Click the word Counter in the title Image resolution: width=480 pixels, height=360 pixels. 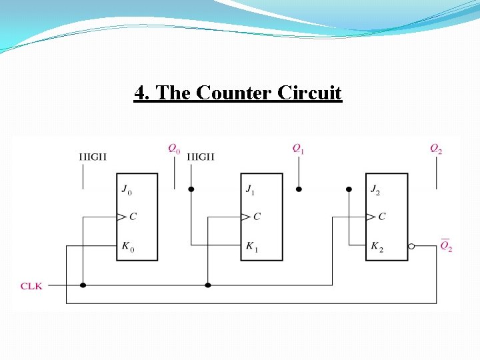pos(232,93)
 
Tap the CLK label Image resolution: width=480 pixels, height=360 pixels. pos(31,285)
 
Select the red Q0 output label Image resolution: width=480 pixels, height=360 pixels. pos(173,149)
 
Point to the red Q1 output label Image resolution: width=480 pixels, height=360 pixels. pos(298,149)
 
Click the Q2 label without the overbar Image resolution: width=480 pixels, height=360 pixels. pos(435,149)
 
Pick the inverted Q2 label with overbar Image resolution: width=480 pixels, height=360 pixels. pos(446,246)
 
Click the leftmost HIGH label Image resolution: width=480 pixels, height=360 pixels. pos(93,157)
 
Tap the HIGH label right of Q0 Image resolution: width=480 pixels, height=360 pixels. pos(201,157)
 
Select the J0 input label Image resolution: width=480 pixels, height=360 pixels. pos(127,190)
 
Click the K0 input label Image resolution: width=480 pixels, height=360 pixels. pos(127,247)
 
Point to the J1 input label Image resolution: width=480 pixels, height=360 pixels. pos(250,190)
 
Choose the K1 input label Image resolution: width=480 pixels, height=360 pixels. pos(251,247)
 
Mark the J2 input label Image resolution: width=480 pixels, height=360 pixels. pos(376,190)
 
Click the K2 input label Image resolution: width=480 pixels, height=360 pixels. pos(377,247)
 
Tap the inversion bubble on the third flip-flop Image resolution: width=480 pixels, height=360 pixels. pos(411,246)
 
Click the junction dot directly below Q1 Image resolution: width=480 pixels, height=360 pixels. pos(299,189)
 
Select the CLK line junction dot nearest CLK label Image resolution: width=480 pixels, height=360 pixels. pos(83,285)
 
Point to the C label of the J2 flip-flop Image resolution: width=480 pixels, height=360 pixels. pos(382,216)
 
